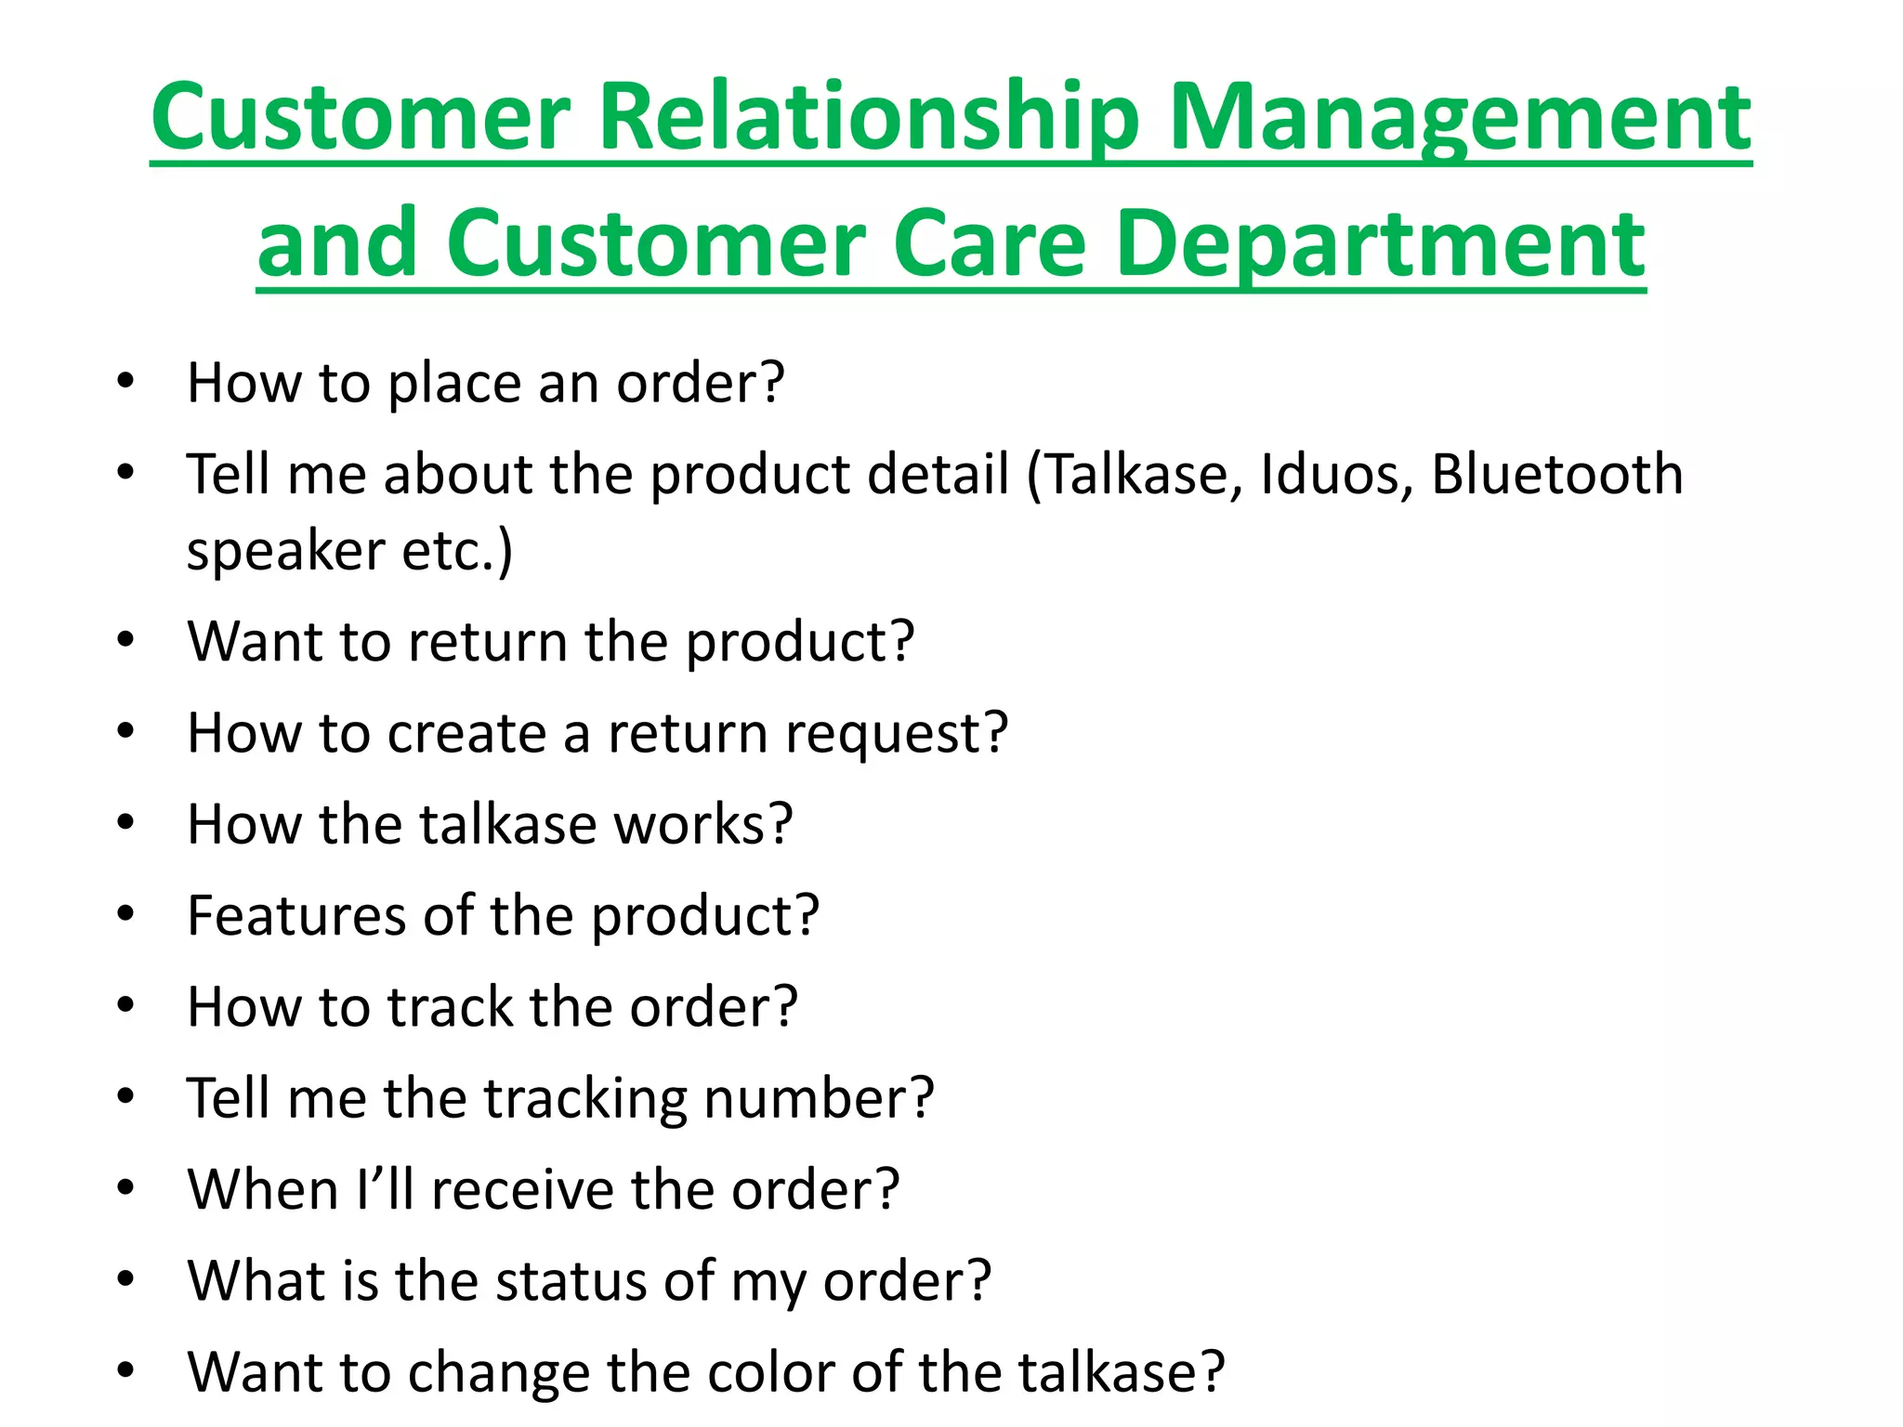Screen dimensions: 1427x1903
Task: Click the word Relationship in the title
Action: [x=869, y=118]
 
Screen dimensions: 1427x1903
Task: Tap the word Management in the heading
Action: [x=1460, y=118]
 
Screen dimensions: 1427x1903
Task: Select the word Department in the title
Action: [x=1380, y=245]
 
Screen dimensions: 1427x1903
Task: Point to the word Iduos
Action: [x=1335, y=475]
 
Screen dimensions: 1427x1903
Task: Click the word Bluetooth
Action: [x=1556, y=475]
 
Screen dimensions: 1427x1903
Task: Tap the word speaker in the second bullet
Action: [x=285, y=553]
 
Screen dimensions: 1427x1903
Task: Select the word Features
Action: [x=296, y=916]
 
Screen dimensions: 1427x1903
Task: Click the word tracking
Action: [x=584, y=1099]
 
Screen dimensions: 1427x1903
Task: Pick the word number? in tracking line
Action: [x=818, y=1099]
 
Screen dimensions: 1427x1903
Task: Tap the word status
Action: [x=571, y=1281]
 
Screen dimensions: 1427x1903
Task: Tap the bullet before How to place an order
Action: [x=126, y=382]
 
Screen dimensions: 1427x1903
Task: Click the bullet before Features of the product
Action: [x=126, y=914]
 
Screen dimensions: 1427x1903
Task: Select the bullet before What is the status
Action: [x=126, y=1279]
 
